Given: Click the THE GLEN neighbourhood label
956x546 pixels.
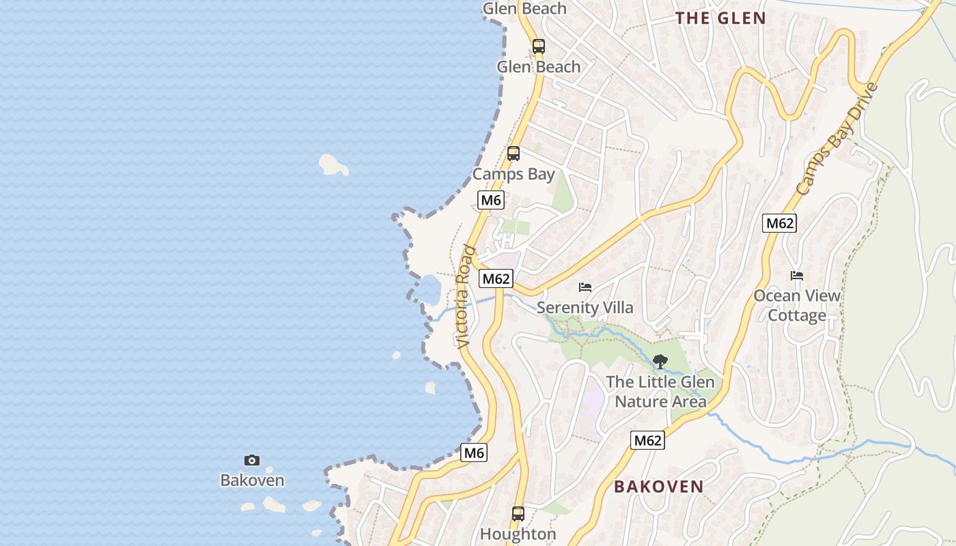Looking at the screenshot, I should click(x=720, y=18).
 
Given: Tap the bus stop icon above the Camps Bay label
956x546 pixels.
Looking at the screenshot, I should click(x=514, y=154).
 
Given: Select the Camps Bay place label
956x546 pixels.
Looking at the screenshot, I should click(x=514, y=174).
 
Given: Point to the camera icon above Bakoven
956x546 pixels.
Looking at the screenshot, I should click(x=252, y=461).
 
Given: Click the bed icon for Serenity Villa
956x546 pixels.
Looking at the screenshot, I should click(x=585, y=287).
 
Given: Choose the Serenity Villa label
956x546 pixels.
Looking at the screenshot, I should click(x=585, y=307).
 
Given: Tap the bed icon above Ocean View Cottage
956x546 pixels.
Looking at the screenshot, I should click(x=797, y=276).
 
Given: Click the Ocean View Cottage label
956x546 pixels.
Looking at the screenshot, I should click(x=797, y=305).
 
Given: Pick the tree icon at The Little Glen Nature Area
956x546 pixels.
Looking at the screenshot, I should click(x=660, y=362).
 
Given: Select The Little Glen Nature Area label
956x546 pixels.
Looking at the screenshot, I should click(x=660, y=392).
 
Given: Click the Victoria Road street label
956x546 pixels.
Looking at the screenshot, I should click(x=464, y=297).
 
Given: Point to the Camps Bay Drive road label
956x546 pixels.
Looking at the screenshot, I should click(x=836, y=139).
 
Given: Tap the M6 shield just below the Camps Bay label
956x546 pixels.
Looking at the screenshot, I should click(x=491, y=200).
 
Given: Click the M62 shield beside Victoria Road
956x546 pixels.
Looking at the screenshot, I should click(x=496, y=278).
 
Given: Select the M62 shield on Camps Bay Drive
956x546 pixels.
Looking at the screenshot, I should click(x=780, y=223).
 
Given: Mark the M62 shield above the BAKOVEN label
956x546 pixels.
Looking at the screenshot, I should click(x=647, y=440).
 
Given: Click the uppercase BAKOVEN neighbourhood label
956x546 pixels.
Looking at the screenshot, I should click(x=658, y=487).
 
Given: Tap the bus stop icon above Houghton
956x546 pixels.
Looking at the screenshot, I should click(x=518, y=514).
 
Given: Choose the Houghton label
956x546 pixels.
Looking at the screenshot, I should click(x=518, y=534).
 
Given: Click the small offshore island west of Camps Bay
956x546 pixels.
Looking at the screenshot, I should click(x=333, y=164).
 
